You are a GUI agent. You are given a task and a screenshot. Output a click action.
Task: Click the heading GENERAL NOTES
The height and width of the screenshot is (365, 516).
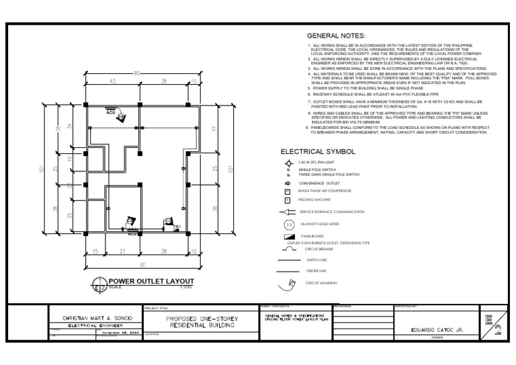tap(335, 35)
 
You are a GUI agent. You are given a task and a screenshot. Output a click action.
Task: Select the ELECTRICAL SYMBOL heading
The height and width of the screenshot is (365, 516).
tap(318, 152)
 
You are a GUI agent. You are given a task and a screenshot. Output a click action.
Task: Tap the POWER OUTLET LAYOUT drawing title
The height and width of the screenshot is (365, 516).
tap(151, 280)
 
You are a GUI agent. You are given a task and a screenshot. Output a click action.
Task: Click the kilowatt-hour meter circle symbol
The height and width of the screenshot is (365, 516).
tap(290, 224)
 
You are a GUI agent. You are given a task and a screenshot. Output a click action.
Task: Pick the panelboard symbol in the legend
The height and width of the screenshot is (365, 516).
tap(289, 237)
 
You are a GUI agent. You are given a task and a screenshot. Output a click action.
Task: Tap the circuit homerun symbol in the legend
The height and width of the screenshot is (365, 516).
tap(290, 284)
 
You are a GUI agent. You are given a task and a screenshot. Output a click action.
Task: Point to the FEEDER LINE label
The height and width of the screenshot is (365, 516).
tap(317, 271)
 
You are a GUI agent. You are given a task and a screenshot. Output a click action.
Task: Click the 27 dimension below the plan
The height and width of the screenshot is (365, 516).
tap(123, 251)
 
